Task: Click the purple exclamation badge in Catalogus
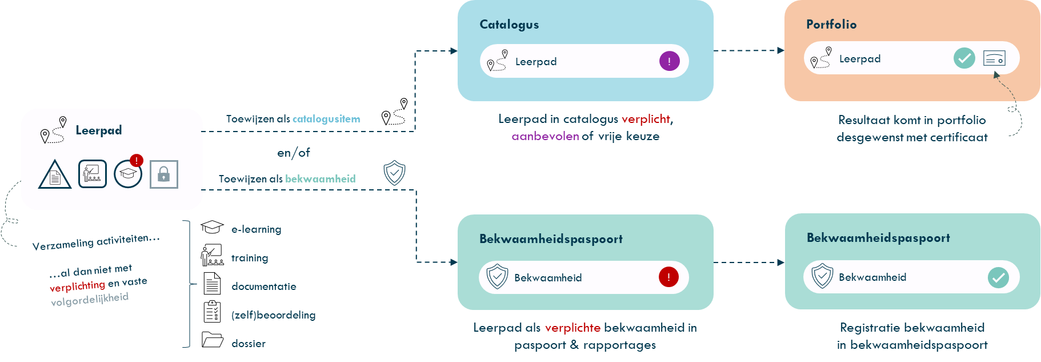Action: tap(669, 61)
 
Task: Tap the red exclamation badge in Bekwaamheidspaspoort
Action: tap(668, 277)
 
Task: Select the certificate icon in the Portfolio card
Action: tap(994, 58)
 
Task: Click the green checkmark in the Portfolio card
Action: tap(964, 58)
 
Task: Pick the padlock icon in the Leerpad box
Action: tap(164, 174)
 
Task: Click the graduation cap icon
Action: tap(128, 174)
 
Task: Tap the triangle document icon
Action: tap(55, 175)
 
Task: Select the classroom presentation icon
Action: tap(93, 174)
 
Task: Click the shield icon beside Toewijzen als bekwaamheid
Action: tap(394, 172)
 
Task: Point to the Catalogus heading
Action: tap(509, 25)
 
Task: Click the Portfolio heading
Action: tap(831, 25)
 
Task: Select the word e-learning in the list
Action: tap(257, 229)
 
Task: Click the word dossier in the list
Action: tap(249, 344)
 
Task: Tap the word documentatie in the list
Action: tap(264, 287)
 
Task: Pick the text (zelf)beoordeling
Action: tap(274, 315)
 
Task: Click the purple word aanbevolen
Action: tap(545, 137)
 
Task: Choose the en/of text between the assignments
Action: tap(294, 153)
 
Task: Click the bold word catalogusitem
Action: tap(326, 119)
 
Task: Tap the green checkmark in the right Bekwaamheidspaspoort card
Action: tap(998, 277)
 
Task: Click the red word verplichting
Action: tap(78, 286)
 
